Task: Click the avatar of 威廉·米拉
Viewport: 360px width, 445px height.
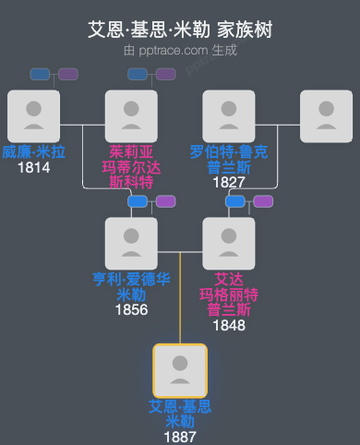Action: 33,116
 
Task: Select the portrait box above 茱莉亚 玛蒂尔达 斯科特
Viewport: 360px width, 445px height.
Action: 131,116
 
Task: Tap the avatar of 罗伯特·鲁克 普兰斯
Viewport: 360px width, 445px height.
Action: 229,116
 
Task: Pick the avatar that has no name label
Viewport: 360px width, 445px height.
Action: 326,116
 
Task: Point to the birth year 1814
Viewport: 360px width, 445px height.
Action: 33,168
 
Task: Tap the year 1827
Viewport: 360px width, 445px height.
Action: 229,183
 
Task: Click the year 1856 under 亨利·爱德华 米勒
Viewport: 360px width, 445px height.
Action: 131,310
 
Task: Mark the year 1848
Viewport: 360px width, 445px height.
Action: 229,325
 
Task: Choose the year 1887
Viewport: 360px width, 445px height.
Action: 180,437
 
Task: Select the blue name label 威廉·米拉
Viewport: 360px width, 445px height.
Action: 33,152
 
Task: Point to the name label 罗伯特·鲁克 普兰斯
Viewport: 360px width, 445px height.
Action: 229,160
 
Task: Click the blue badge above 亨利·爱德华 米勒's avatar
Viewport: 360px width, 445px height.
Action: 138,201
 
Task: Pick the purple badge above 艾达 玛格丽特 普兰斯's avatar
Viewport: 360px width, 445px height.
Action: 263,201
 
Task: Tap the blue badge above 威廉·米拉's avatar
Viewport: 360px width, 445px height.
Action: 40,74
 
